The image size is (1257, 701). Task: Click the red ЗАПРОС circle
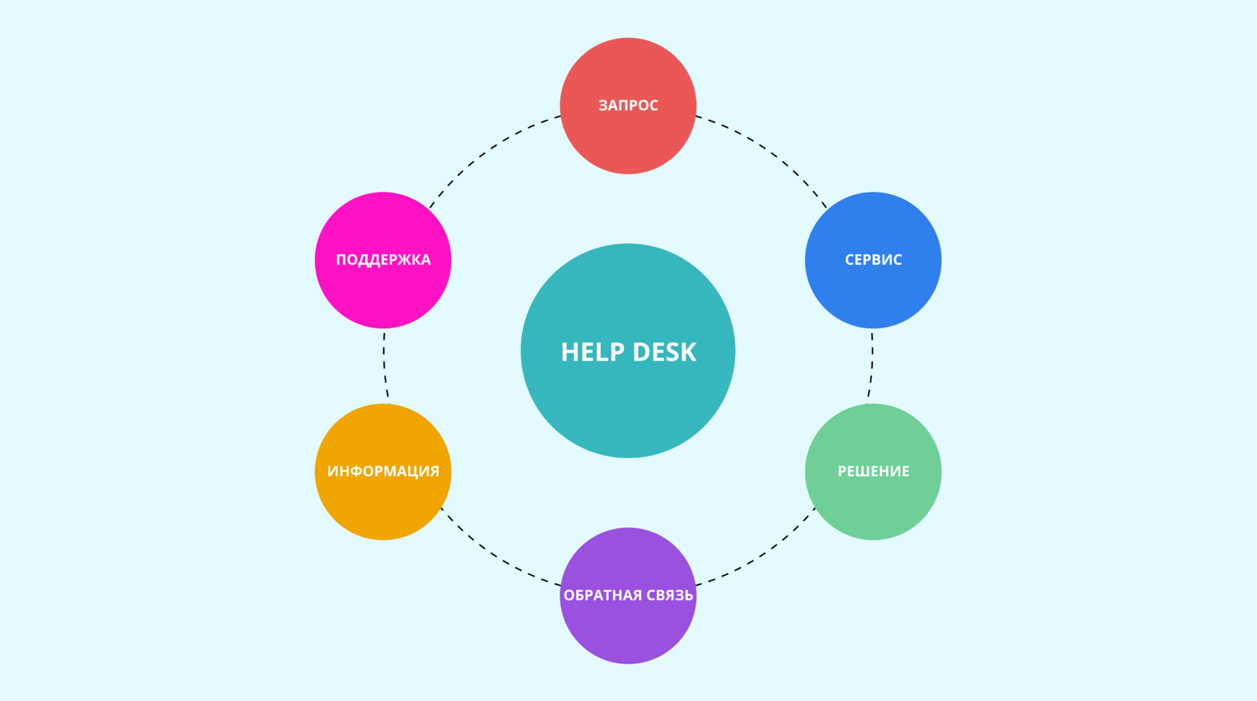[628, 105]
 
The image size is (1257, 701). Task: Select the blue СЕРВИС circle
[873, 260]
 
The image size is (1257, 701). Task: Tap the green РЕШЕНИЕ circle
[873, 471]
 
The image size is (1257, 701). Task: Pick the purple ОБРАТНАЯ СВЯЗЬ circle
[628, 596]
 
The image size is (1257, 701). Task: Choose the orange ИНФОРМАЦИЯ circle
[383, 471]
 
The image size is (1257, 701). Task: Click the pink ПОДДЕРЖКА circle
[383, 260]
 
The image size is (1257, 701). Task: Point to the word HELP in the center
[593, 352]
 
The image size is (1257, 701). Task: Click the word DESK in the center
[664, 352]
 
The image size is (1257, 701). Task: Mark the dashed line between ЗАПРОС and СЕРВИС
[769, 152]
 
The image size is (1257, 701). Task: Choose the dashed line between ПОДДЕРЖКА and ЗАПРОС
[487, 152]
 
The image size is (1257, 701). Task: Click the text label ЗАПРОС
[628, 105]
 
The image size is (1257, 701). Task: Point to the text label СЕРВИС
[873, 260]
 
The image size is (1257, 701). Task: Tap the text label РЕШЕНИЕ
[873, 471]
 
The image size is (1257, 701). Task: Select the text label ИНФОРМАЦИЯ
[383, 471]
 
